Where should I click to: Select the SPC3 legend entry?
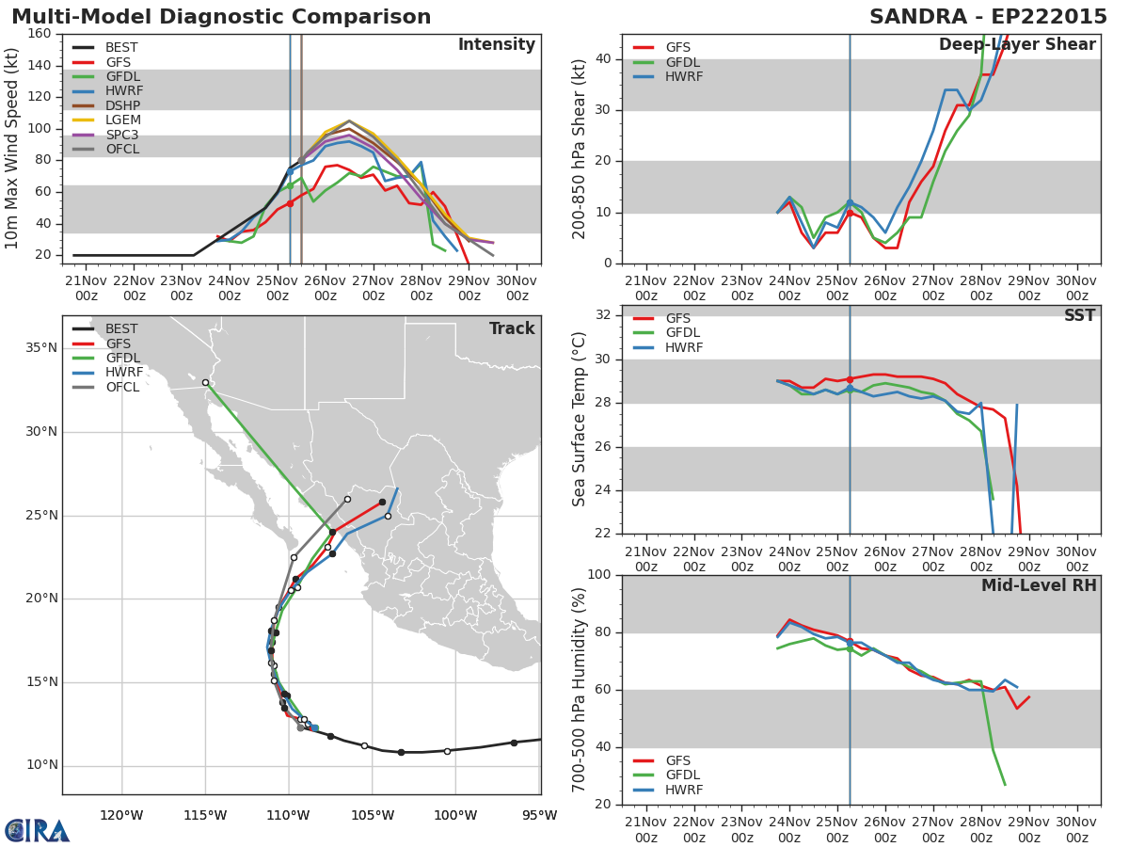coord(105,135)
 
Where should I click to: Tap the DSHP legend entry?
coord(106,105)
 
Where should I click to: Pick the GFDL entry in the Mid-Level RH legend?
coord(667,775)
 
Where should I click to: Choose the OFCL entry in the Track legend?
coord(106,387)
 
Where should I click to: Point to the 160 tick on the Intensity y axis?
coord(40,34)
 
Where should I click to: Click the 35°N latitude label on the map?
coord(41,348)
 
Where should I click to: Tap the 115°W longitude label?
coord(206,816)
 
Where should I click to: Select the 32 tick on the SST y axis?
coord(603,315)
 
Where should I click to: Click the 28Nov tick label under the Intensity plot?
coord(421,289)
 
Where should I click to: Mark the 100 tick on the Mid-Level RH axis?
coord(599,574)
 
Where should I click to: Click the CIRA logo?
coord(37,831)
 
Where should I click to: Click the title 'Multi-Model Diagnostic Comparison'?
coord(221,17)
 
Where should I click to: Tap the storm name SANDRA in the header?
coord(918,17)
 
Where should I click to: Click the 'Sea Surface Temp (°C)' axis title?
coord(580,419)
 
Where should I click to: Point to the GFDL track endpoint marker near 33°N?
coord(206,383)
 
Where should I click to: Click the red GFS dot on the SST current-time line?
coord(850,379)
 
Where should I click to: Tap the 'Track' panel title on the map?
coord(512,328)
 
